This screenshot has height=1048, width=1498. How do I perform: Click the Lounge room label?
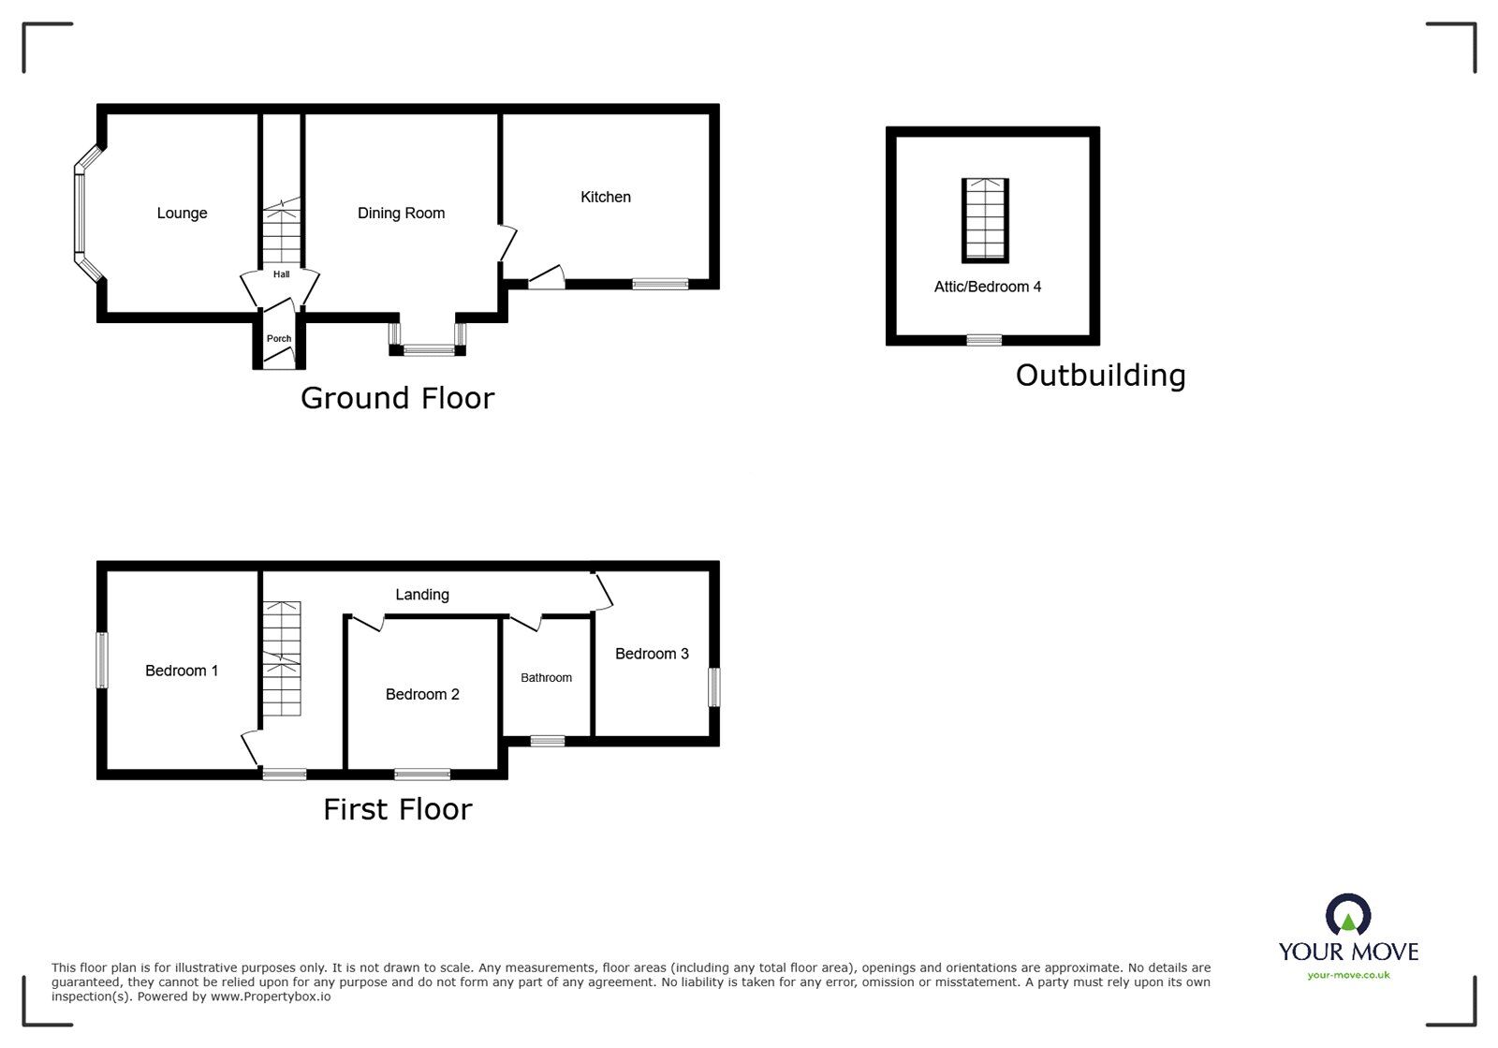(182, 214)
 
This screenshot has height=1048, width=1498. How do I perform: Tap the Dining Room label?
(402, 214)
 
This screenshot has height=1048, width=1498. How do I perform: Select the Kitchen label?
(605, 198)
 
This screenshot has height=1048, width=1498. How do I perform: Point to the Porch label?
(279, 338)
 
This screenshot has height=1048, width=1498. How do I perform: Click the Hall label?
(282, 274)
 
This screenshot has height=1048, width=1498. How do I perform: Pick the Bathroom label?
(547, 677)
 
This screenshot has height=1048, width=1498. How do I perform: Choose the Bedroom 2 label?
(422, 694)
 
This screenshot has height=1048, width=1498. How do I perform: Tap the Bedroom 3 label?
(652, 654)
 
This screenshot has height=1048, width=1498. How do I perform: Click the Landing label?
(422, 595)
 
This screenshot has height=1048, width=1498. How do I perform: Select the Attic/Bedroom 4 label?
(988, 287)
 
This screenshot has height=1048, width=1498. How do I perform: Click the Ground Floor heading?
(398, 399)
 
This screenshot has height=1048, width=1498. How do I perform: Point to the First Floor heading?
(398, 810)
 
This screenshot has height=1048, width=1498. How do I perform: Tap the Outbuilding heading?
(1101, 376)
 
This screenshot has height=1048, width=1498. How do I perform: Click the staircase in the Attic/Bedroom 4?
(985, 220)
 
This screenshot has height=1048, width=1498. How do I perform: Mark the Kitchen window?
(660, 284)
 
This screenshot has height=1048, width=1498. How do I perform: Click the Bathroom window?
(548, 741)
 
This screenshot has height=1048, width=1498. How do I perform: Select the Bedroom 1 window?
(102, 660)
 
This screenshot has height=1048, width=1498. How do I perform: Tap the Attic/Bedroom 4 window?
(984, 340)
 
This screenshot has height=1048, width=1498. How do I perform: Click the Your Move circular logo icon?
(1348, 915)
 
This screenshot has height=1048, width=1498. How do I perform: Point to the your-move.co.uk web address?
(1348, 975)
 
